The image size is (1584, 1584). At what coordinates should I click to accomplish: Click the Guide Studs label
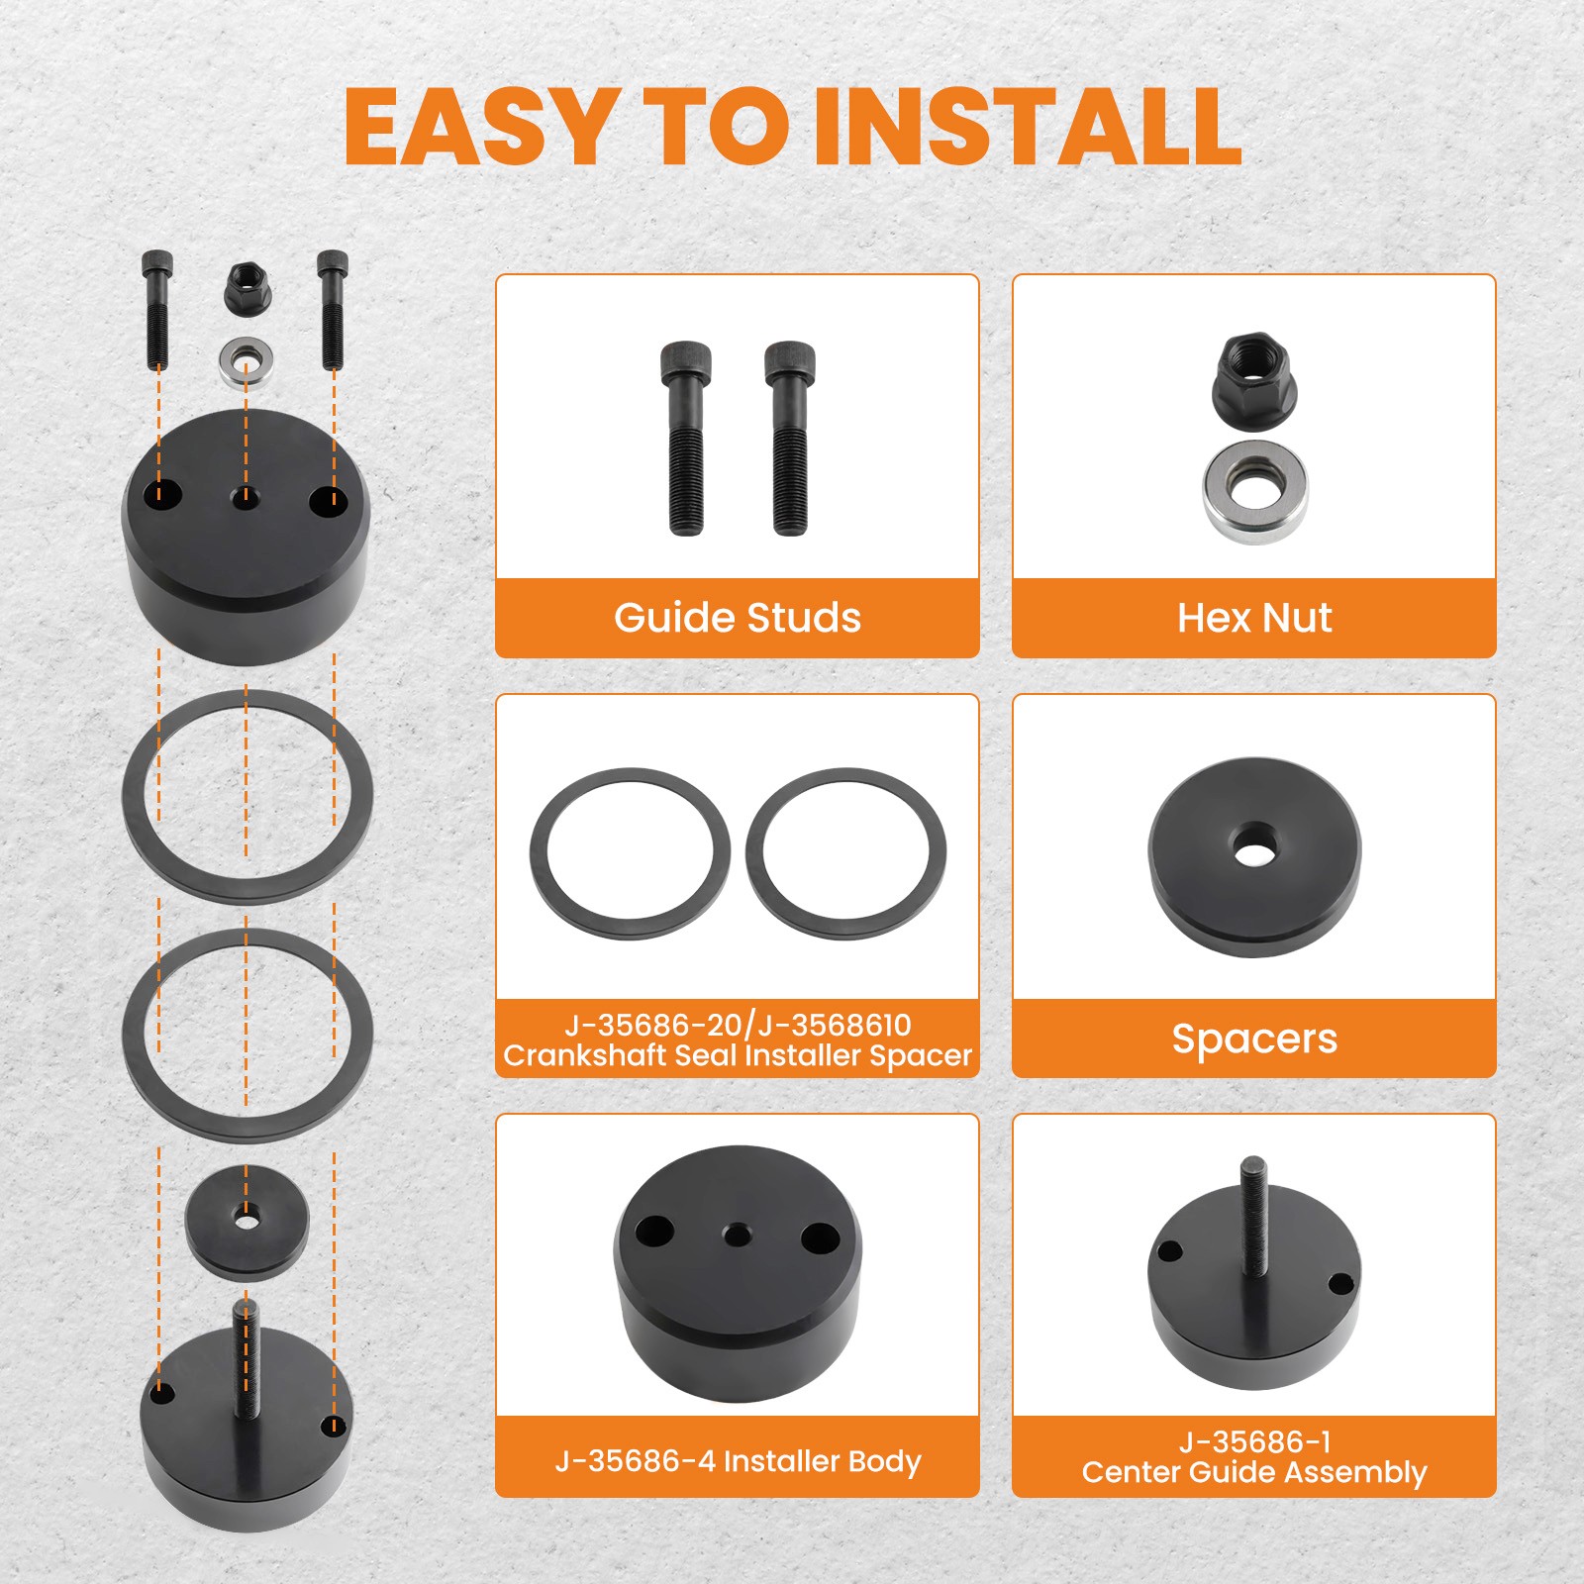[x=738, y=618]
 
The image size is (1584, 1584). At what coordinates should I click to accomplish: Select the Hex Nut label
[x=1254, y=618]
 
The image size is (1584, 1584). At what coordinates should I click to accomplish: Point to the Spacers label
[x=1254, y=1039]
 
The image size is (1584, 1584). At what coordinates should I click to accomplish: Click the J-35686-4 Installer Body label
[x=738, y=1460]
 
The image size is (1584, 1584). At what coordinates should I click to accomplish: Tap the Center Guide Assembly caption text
[x=1254, y=1472]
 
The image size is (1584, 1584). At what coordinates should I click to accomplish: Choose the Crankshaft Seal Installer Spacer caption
[x=738, y=1055]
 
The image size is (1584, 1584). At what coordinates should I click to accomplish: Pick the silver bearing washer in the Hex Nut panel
[x=1255, y=492]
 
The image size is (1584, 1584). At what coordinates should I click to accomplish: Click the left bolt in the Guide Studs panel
[x=686, y=439]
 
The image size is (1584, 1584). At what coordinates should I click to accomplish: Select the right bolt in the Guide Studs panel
[x=789, y=439]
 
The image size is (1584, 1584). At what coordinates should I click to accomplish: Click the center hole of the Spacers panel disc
[x=1254, y=846]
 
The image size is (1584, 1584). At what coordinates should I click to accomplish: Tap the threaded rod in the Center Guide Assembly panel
[x=1254, y=1216]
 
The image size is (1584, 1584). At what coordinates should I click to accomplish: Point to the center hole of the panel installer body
[x=736, y=1235]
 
